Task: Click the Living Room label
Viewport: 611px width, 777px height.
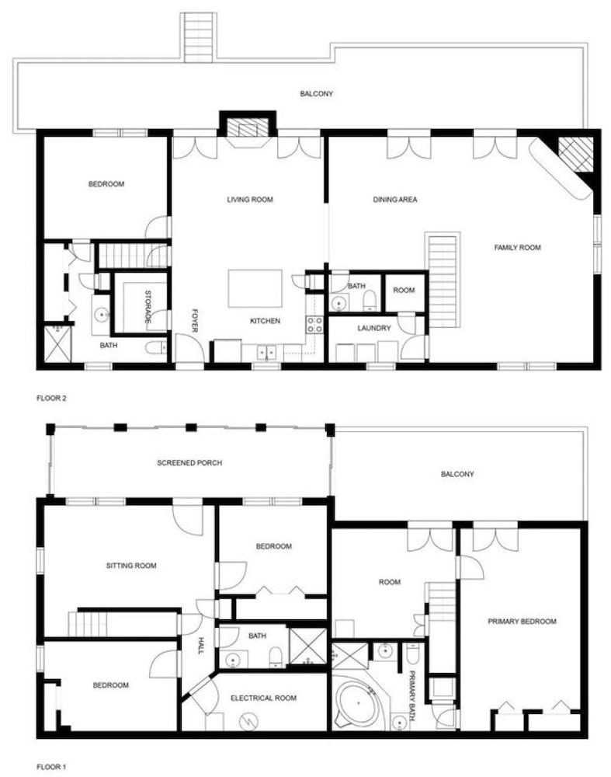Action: [x=250, y=200]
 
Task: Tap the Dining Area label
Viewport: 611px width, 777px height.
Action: [x=395, y=200]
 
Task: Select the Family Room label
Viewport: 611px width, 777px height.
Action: [x=517, y=247]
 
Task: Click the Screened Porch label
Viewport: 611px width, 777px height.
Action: [x=189, y=463]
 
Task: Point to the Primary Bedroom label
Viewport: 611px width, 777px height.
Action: [x=522, y=622]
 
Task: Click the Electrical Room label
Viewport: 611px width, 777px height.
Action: [x=264, y=699]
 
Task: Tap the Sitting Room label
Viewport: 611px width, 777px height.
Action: [x=131, y=566]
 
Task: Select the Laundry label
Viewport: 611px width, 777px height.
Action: [x=374, y=328]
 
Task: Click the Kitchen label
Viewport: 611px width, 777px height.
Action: [x=265, y=321]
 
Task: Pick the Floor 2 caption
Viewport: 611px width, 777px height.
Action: [x=51, y=398]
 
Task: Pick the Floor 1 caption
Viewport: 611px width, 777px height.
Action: [x=51, y=767]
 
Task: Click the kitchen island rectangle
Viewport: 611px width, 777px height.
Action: [x=255, y=288]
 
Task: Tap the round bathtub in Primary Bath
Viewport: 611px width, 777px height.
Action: [x=356, y=702]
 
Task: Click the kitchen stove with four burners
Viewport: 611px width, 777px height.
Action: [x=315, y=325]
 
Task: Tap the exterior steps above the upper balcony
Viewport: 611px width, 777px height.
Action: [x=199, y=37]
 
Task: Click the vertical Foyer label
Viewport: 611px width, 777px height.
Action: [x=195, y=321]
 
